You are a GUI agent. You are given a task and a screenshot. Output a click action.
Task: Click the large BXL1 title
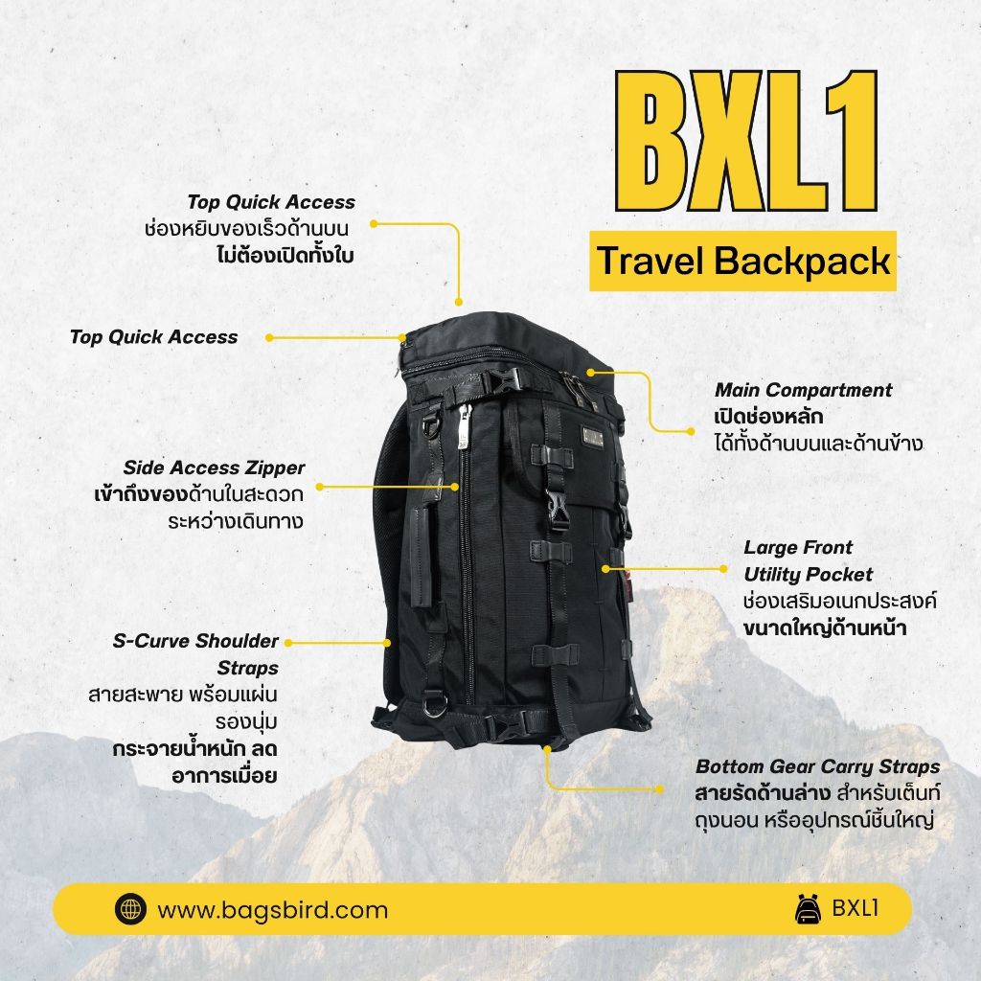tap(745, 141)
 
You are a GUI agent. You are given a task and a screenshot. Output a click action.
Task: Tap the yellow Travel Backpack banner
tap(742, 261)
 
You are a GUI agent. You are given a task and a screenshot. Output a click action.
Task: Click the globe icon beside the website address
tap(130, 908)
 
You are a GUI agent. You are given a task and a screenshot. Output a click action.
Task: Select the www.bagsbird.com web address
tap(272, 910)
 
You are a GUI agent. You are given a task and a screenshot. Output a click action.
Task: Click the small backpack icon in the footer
tap(809, 909)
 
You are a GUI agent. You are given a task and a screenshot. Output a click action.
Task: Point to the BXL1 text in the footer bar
tap(856, 908)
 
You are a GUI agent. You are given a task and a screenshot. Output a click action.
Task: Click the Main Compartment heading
tap(804, 391)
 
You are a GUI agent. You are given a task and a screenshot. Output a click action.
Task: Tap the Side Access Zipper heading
tap(214, 468)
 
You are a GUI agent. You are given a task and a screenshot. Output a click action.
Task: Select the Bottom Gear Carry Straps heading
tap(818, 767)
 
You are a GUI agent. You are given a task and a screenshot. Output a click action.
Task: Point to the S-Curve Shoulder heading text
tap(195, 641)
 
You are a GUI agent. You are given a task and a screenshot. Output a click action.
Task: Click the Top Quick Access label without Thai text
tap(154, 337)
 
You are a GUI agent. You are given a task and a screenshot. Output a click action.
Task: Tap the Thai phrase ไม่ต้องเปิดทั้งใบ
tap(285, 256)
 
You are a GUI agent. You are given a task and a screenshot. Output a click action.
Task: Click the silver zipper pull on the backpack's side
tap(464, 426)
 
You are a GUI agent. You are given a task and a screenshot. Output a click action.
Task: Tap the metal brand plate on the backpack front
tap(592, 437)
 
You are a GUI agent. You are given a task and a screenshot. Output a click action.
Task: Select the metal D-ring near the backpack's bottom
tap(433, 705)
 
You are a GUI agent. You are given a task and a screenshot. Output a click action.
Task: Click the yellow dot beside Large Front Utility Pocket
tap(723, 569)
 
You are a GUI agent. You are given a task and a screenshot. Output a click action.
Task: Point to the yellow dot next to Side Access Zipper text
tap(320, 486)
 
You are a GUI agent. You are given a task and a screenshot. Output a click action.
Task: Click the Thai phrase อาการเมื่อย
tap(224, 776)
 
